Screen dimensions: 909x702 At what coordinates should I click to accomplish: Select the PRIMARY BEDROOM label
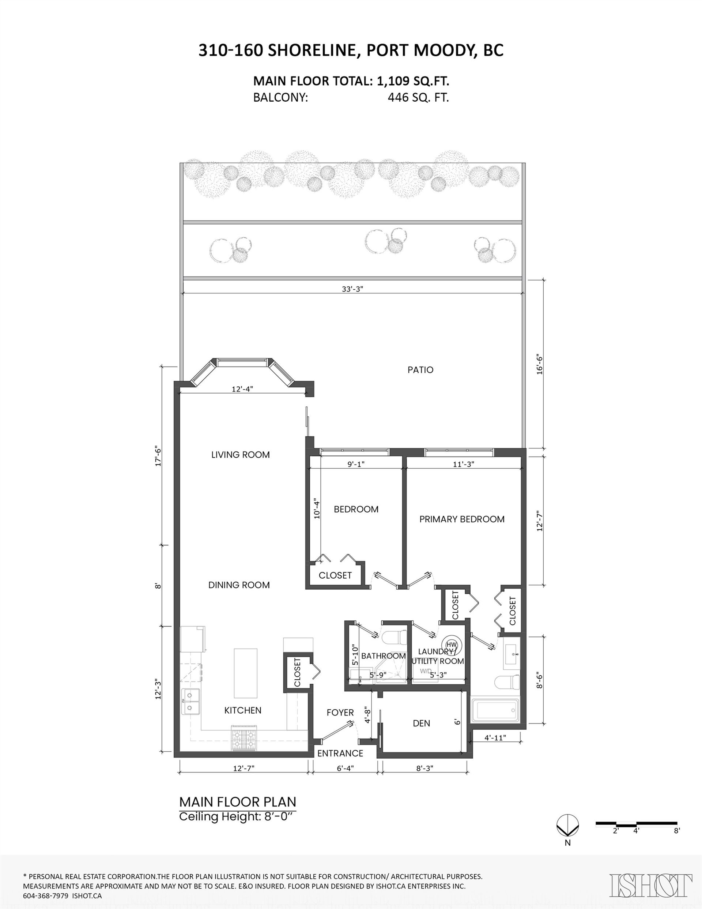coord(461,519)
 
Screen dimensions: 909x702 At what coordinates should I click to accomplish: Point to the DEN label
coord(421,724)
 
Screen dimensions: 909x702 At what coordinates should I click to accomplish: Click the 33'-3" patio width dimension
coord(352,289)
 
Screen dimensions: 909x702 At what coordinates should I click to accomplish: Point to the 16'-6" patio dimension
coord(540,365)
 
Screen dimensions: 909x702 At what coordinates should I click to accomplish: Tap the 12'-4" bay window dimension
coord(242,389)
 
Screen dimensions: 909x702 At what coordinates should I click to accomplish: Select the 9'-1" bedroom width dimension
coord(356,464)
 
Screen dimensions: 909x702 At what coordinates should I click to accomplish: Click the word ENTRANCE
coord(340,753)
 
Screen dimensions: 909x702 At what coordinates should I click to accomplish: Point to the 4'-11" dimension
coord(495,737)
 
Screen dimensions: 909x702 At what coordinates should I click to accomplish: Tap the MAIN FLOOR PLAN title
coord(238,801)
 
